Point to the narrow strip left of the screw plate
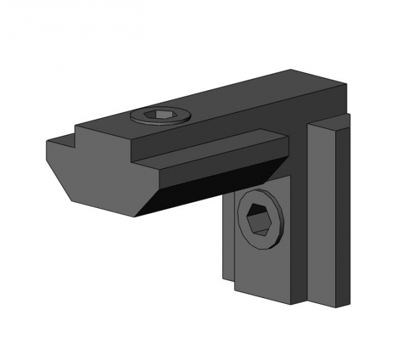(x=229, y=243)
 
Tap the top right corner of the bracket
(x=347, y=86)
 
